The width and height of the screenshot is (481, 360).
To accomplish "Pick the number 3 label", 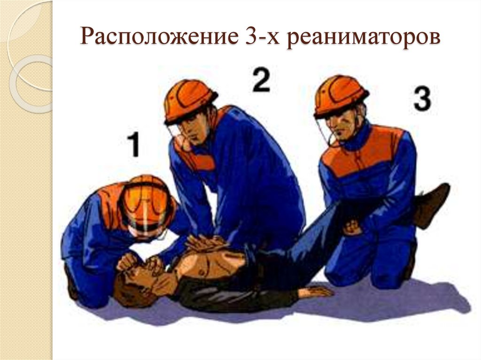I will (x=422, y=100).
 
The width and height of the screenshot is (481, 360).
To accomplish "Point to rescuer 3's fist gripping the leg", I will (x=352, y=228).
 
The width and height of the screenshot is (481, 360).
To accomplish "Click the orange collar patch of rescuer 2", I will (x=197, y=157).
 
